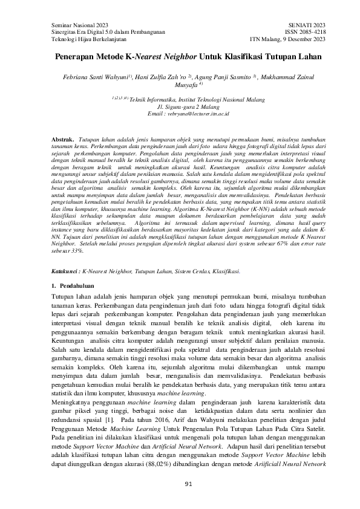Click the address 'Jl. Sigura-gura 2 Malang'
tap(180, 105)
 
